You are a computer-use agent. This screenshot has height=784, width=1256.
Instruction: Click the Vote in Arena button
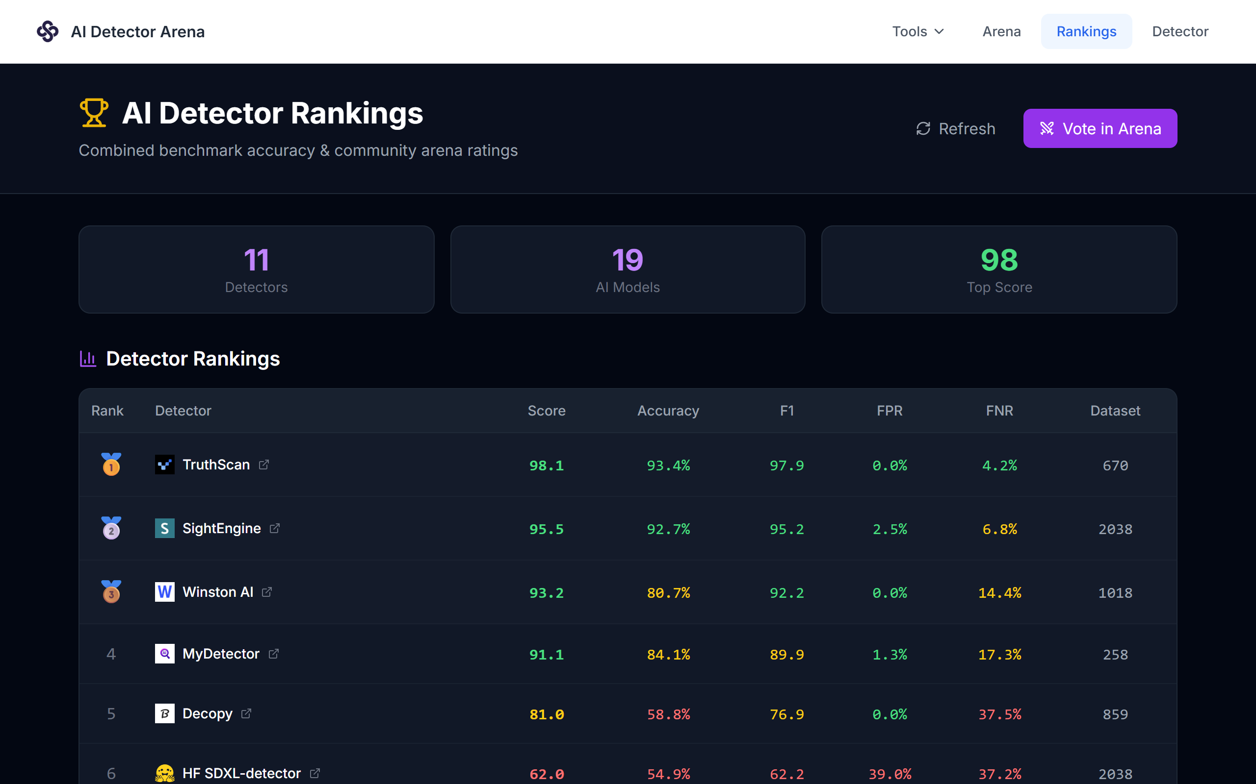point(1100,128)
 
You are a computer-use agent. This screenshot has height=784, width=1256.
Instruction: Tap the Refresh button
point(956,128)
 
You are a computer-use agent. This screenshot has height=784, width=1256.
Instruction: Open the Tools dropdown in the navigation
point(917,32)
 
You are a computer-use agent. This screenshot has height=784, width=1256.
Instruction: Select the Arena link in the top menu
point(1001,32)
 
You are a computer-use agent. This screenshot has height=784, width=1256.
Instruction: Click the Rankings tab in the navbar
point(1086,32)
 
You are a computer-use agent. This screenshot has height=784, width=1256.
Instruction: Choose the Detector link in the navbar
point(1179,32)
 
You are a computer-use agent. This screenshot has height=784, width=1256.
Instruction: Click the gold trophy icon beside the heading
point(94,113)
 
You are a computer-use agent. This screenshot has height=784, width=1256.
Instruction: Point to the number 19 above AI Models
point(628,260)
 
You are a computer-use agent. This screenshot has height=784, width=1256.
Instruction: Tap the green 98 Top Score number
point(999,260)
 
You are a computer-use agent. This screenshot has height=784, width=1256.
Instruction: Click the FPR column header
point(890,411)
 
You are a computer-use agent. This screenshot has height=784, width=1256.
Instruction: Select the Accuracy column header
point(668,411)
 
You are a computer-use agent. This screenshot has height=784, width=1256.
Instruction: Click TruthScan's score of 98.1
point(547,465)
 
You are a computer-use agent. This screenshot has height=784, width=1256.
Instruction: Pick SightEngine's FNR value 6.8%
point(999,529)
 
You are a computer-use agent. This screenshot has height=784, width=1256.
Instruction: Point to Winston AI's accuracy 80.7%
point(669,593)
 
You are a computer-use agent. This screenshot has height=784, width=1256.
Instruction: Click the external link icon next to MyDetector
point(273,653)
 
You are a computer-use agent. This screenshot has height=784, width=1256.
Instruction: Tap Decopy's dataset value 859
point(1115,714)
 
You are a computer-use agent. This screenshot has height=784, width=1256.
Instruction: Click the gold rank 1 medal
point(111,464)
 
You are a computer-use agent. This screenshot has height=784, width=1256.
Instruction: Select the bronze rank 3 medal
point(111,591)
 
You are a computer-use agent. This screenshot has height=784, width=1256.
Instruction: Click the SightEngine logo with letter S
point(164,528)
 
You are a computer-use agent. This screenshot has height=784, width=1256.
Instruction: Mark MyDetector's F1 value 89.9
point(787,654)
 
